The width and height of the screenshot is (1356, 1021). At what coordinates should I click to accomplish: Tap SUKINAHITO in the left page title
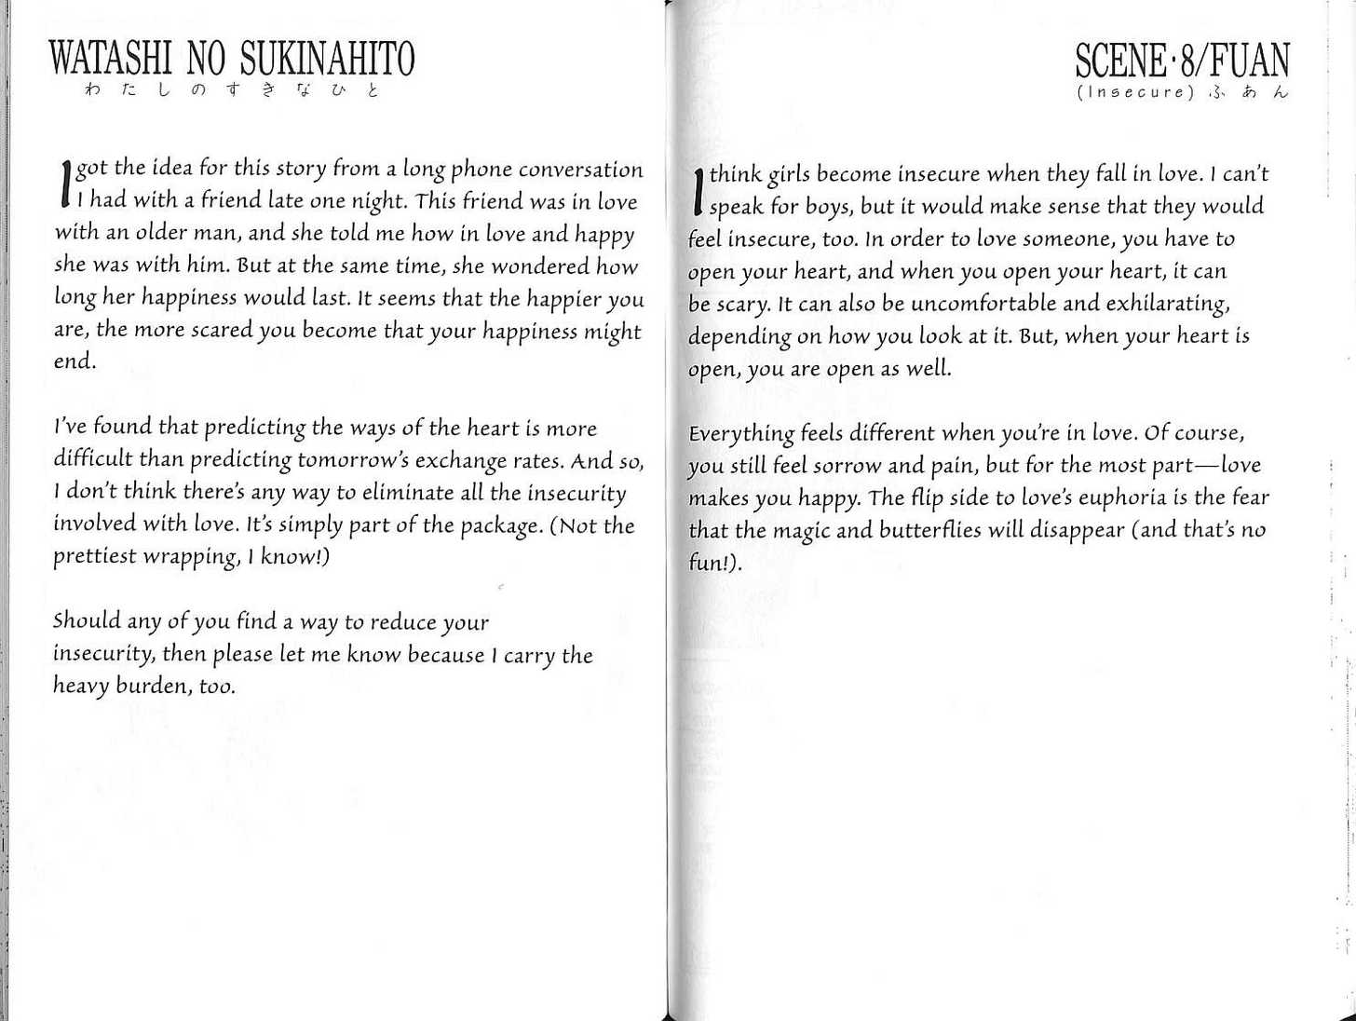pyautogui.click(x=327, y=59)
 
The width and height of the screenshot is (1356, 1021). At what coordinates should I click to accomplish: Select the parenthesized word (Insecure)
pyautogui.click(x=1134, y=92)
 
